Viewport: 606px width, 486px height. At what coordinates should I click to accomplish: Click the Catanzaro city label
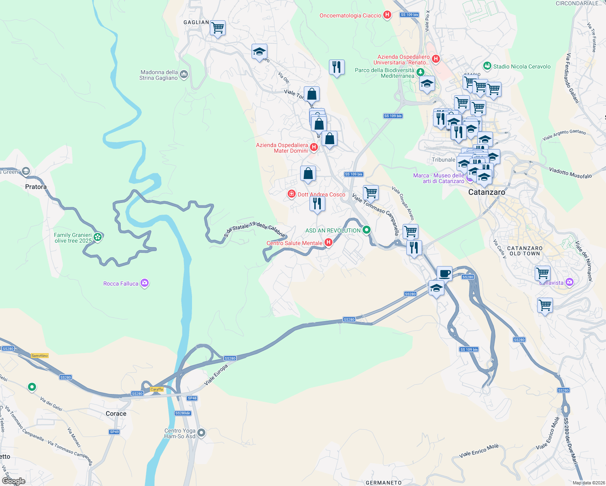point(487,192)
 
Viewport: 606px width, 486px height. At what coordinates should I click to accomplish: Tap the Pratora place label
point(36,187)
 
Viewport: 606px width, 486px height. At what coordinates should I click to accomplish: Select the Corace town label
point(116,414)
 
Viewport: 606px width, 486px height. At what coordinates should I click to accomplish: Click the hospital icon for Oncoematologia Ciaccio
point(387,15)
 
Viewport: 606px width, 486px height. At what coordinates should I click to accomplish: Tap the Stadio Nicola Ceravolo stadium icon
point(487,66)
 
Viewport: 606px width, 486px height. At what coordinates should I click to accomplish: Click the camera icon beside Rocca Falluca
point(145,283)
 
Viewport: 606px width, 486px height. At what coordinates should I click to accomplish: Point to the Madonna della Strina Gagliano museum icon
point(184,74)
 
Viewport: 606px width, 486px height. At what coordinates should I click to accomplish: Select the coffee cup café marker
point(444,273)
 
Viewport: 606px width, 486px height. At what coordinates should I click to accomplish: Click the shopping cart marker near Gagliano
point(218,28)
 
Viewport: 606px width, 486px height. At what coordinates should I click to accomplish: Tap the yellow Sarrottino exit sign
point(39,356)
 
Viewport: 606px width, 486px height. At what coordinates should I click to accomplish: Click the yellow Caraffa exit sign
point(157,389)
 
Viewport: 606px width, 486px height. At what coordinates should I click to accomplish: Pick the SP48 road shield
point(192,398)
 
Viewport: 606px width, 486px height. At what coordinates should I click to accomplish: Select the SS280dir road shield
point(183,413)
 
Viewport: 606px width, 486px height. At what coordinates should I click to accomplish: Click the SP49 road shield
point(114,432)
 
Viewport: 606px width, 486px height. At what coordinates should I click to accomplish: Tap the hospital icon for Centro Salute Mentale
point(329,243)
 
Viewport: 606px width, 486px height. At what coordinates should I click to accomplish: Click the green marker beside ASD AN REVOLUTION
point(367,230)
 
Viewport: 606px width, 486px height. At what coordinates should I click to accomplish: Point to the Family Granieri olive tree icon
point(98,237)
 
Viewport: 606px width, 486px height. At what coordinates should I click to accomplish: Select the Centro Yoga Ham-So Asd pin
point(201,433)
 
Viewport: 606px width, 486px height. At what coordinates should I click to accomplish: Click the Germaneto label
point(384,482)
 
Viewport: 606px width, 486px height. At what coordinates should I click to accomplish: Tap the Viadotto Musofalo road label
point(570,173)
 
